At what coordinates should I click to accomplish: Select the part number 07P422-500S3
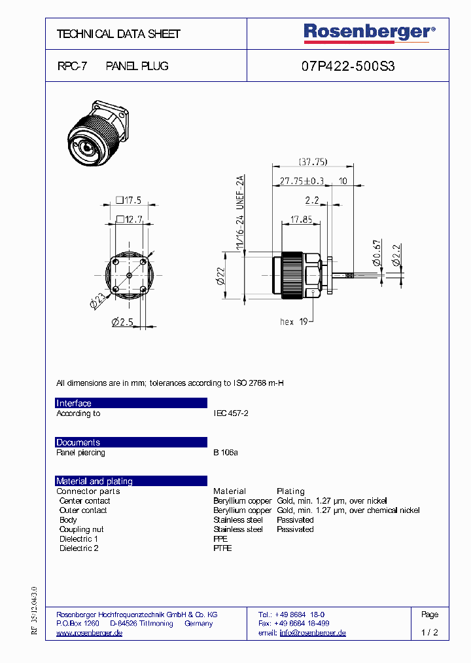coord(347,66)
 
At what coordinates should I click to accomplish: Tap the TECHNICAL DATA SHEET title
coord(118,33)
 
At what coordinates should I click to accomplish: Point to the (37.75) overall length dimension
coord(313,162)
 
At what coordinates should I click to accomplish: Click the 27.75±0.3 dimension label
coord(302,181)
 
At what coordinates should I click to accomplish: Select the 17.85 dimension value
coord(301,219)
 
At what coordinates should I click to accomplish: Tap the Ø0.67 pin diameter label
coord(376,253)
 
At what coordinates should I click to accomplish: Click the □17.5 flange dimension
coord(128,200)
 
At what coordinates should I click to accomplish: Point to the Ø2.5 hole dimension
coord(122,322)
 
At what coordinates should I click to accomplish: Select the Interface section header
coord(74,404)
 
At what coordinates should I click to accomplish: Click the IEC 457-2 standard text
coord(231,413)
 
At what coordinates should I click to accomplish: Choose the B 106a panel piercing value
coord(226,453)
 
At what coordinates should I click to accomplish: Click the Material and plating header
coord(94,481)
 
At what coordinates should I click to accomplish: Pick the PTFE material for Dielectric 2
coord(222,548)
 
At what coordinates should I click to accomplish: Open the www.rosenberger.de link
coord(90,633)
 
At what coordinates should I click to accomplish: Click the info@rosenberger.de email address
coord(312,633)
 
